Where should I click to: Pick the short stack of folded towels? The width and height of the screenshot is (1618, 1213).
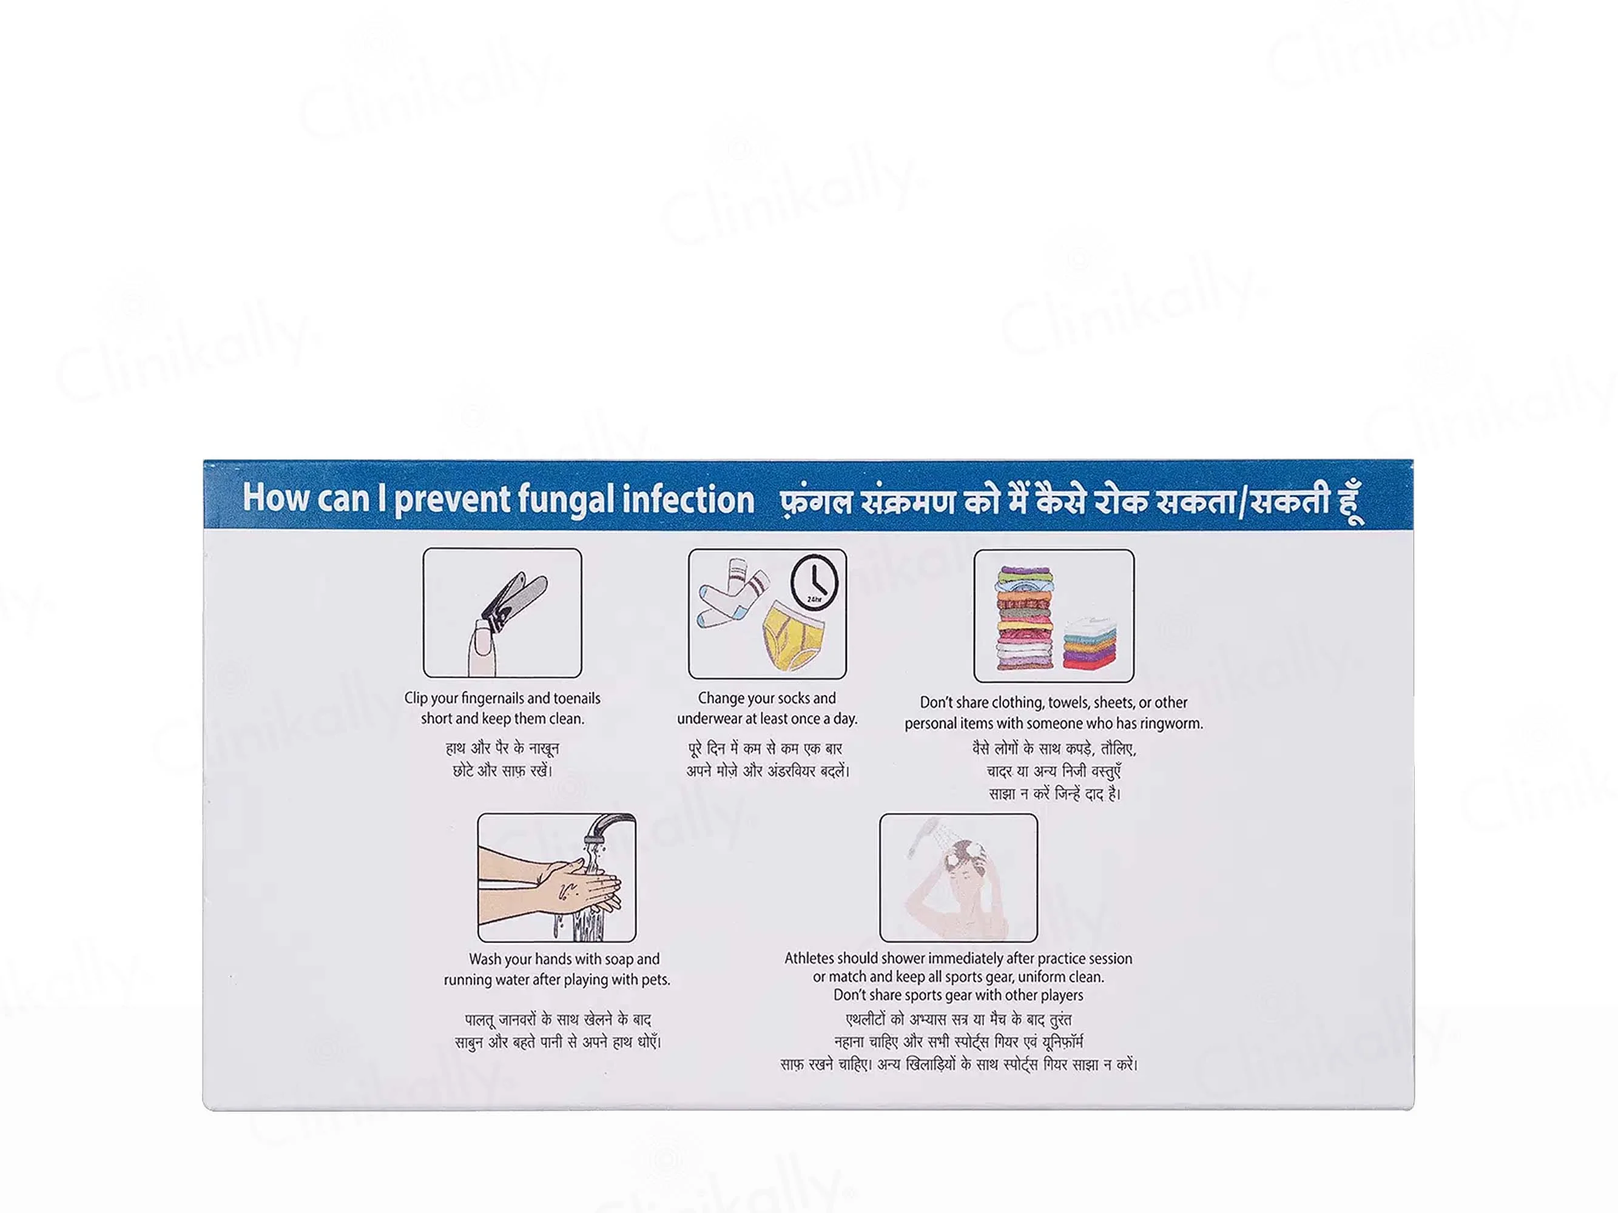tap(1090, 643)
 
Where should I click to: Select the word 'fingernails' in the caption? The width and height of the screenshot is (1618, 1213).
tap(492, 698)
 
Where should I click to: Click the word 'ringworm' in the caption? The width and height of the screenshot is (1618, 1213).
tap(1173, 724)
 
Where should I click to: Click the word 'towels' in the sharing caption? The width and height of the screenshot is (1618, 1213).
tap(1067, 703)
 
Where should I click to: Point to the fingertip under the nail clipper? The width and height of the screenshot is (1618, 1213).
tap(484, 647)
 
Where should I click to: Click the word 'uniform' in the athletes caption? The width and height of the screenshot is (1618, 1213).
tap(1019, 977)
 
